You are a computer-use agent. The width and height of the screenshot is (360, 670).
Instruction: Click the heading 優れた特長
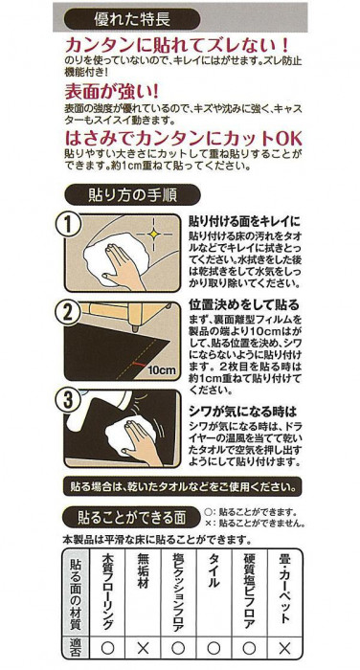[132, 19]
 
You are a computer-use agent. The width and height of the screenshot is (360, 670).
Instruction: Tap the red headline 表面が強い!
[112, 91]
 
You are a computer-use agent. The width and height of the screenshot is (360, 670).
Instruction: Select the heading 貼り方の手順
[132, 195]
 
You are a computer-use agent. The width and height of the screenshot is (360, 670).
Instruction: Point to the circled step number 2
[69, 313]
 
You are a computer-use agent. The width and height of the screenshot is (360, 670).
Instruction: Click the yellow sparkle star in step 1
[153, 234]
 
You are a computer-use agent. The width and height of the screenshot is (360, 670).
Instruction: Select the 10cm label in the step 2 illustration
[162, 369]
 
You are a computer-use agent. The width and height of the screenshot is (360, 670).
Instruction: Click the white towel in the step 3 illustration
[129, 432]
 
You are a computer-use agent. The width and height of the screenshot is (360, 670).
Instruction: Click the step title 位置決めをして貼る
[244, 305]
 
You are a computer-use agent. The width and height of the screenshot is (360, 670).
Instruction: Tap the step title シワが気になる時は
[243, 412]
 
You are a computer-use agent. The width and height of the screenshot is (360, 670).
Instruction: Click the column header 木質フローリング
[108, 592]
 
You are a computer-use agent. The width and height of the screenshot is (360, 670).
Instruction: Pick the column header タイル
[214, 571]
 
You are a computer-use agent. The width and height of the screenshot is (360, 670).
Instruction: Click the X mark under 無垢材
[144, 648]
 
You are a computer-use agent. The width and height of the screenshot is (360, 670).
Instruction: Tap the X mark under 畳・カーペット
[284, 648]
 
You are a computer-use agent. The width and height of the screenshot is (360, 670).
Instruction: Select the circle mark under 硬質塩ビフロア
[249, 648]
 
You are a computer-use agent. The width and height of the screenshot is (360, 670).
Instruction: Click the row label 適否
[75, 648]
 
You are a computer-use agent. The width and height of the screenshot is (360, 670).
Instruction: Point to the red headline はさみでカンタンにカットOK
[183, 139]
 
